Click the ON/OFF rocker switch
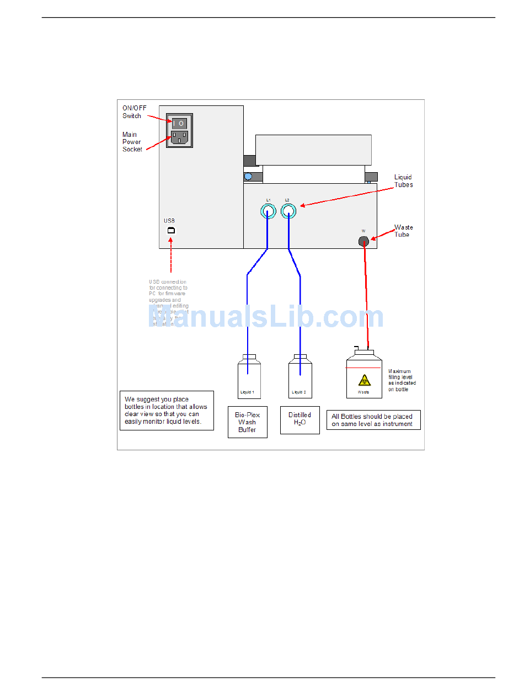[x=180, y=123]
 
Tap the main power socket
[x=180, y=138]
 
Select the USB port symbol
[x=171, y=230]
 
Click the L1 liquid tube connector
[x=268, y=211]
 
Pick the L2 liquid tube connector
[x=288, y=211]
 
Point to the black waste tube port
[x=363, y=241]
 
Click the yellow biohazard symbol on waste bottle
[x=364, y=380]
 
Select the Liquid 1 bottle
[x=249, y=377]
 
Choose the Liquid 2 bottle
[x=300, y=377]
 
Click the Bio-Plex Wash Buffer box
[x=247, y=422]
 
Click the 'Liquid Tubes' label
[x=403, y=181]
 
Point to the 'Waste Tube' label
[x=403, y=231]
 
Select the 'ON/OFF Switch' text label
[x=134, y=112]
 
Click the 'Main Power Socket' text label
[x=132, y=142]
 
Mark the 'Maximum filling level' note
[x=402, y=380]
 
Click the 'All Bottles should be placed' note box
[x=373, y=420]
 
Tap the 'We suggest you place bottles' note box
[x=167, y=410]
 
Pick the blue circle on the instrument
[x=248, y=177]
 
